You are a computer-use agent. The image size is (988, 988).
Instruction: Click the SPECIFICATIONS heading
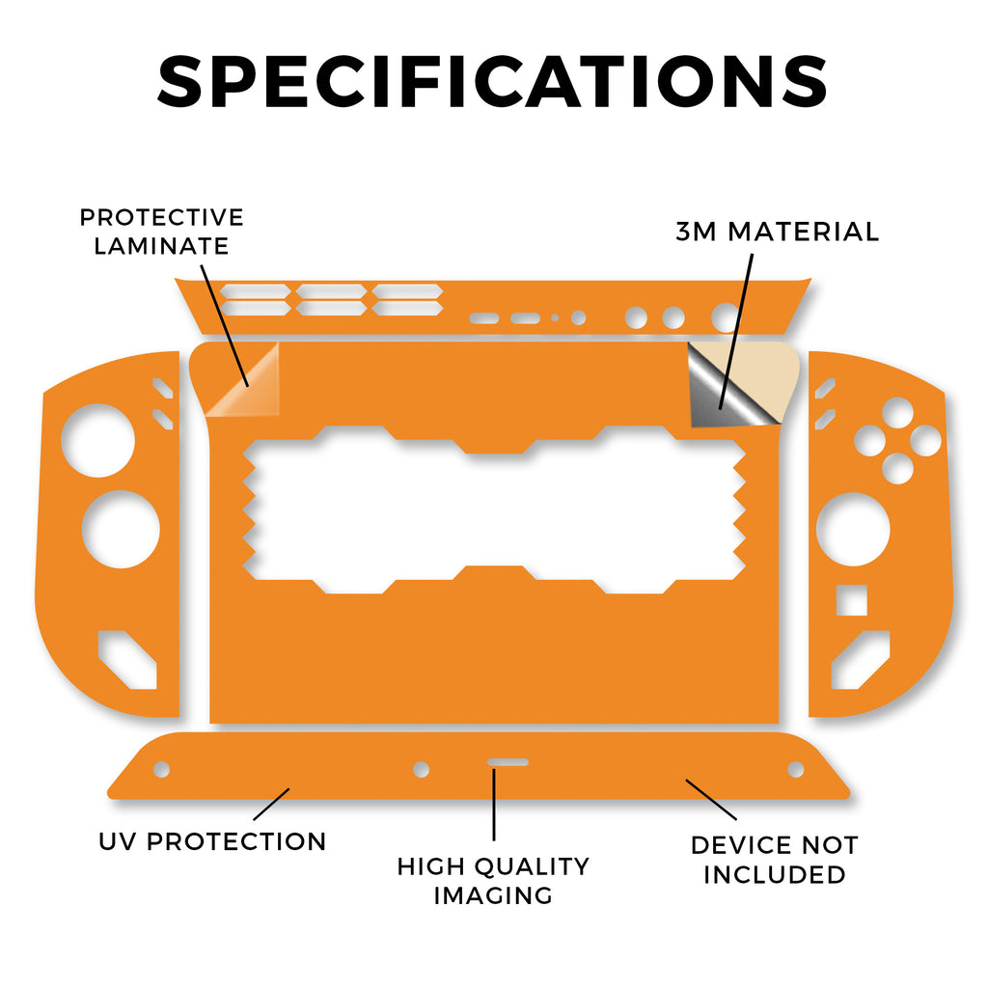(492, 81)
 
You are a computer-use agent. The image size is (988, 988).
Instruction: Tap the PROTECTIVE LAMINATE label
(161, 232)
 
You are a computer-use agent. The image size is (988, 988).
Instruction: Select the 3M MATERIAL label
(777, 232)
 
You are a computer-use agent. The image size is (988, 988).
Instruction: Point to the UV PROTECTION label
(212, 841)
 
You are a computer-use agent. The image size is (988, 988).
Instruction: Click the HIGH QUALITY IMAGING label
(493, 880)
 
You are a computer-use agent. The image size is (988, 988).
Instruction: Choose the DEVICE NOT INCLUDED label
(775, 860)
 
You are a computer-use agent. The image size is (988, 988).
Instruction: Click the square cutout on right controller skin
(851, 600)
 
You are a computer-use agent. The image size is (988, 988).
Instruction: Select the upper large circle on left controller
(98, 440)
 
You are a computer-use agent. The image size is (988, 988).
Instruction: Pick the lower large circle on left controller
(121, 530)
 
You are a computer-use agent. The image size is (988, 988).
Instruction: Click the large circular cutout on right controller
(853, 530)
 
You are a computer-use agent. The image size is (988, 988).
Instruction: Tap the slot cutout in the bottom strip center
(508, 762)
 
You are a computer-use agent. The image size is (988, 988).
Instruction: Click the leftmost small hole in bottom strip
(162, 769)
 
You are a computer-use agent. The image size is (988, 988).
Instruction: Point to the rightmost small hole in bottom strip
(796, 769)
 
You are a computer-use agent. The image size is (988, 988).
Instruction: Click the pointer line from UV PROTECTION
(271, 804)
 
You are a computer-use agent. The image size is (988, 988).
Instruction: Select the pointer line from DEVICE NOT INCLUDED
(711, 800)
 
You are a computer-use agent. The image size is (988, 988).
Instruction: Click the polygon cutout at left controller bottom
(127, 660)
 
